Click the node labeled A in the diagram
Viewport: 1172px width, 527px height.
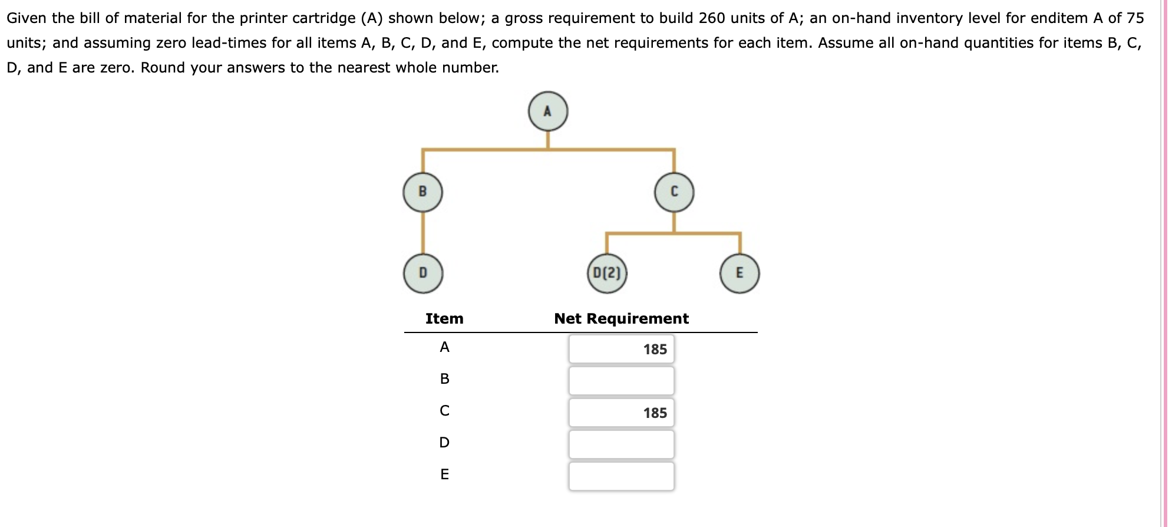[x=547, y=111]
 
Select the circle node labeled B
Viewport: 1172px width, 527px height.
[x=422, y=192]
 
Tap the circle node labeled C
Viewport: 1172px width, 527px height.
[x=674, y=192]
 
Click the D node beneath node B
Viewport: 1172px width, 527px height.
[x=422, y=273]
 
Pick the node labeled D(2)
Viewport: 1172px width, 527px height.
[x=607, y=273]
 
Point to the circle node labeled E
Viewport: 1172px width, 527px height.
[x=739, y=273]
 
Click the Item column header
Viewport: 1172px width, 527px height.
[x=444, y=319]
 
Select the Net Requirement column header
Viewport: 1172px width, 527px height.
[x=621, y=319]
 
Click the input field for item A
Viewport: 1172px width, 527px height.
[x=621, y=349]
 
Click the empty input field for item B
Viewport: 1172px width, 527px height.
[x=621, y=381]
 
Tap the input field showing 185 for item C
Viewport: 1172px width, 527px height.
[x=621, y=413]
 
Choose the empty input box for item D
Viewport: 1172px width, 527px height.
[x=621, y=444]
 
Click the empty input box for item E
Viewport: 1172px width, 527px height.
[x=621, y=476]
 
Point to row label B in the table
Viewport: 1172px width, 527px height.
[x=444, y=378]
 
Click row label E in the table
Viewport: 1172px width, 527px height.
[x=444, y=474]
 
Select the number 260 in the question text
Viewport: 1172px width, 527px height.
[x=711, y=18]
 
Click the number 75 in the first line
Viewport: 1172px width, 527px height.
[x=1135, y=18]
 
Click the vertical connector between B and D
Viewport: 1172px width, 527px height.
[x=422, y=233]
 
